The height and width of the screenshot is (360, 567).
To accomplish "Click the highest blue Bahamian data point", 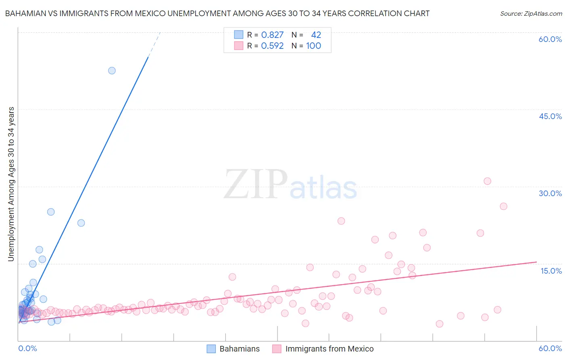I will [x=112, y=71].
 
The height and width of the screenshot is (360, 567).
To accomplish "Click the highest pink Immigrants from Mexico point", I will [x=487, y=181].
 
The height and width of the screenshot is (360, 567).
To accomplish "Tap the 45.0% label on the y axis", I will [x=550, y=116].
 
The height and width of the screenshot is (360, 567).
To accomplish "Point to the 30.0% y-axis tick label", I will [x=550, y=193].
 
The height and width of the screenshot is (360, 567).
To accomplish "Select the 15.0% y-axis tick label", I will [x=551, y=271].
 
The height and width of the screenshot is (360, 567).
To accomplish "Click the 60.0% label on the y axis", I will [x=550, y=39].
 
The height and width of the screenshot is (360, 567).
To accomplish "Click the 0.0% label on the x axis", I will [x=27, y=348].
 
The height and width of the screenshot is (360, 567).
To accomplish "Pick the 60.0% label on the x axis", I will [x=550, y=348].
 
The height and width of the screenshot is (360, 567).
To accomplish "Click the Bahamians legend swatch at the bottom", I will [x=211, y=349].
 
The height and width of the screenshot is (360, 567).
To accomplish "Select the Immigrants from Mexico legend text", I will [x=329, y=349].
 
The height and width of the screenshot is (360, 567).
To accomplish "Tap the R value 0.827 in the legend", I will [x=272, y=35].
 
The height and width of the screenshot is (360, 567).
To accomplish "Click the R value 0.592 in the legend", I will [x=272, y=46].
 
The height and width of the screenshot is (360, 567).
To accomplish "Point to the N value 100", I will [x=313, y=46].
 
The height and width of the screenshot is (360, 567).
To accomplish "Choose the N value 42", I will [x=316, y=35].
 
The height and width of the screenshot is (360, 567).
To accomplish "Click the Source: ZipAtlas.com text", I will [x=531, y=14].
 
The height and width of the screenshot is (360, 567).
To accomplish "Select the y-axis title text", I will [x=11, y=184].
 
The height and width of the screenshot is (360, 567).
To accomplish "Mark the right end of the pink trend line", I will [x=536, y=262].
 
